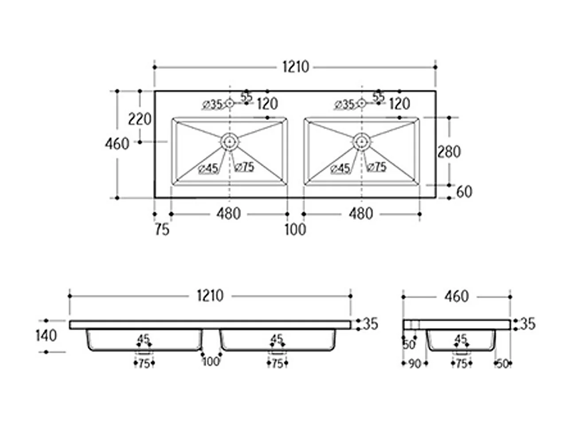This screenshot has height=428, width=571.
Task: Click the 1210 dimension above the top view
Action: (296, 67)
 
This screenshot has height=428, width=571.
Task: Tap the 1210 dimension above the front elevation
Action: (210, 296)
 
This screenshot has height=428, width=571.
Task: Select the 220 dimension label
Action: (140, 120)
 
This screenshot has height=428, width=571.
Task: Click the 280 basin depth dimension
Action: (449, 152)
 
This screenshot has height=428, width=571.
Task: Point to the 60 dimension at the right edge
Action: (464, 192)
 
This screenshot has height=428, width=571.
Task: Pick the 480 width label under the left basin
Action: (229, 214)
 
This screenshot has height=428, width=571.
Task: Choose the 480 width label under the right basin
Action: (361, 214)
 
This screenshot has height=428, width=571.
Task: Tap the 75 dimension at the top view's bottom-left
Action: (162, 230)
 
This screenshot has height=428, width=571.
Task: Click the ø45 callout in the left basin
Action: (208, 169)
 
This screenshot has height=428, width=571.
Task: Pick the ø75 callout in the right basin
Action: (376, 167)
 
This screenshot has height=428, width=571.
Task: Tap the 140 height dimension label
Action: (46, 336)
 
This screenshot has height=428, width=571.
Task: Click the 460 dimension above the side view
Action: (457, 296)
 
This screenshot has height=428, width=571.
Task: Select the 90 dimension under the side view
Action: (415, 364)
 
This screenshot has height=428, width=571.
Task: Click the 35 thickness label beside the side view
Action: (527, 324)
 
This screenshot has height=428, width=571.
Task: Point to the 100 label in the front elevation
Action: (211, 362)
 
